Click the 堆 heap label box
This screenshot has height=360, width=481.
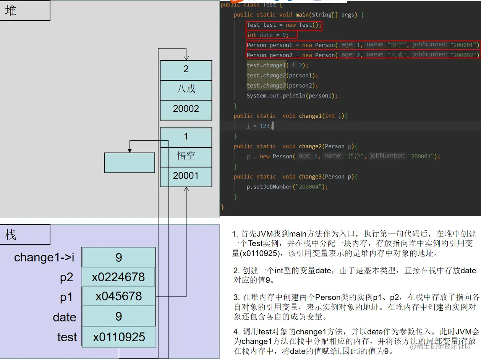pos(25,11)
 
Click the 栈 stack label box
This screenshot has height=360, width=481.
pos(25,235)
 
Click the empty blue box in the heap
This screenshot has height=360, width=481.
pos(130,163)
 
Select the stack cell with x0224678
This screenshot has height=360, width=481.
pos(118,277)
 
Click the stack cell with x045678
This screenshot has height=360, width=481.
pos(118,296)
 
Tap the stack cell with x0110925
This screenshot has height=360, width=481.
pos(118,337)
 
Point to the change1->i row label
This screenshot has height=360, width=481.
pos(44,258)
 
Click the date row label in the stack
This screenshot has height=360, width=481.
pos(65,317)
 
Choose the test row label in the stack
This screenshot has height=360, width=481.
pos(67,337)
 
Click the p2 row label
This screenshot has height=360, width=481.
pos(66,277)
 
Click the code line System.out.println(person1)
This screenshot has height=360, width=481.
pos(292,96)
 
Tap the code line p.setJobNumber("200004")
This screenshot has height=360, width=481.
pos(287,187)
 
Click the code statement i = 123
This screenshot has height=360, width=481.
pos(260,126)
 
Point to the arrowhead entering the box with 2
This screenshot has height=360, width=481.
pos(186,58)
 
